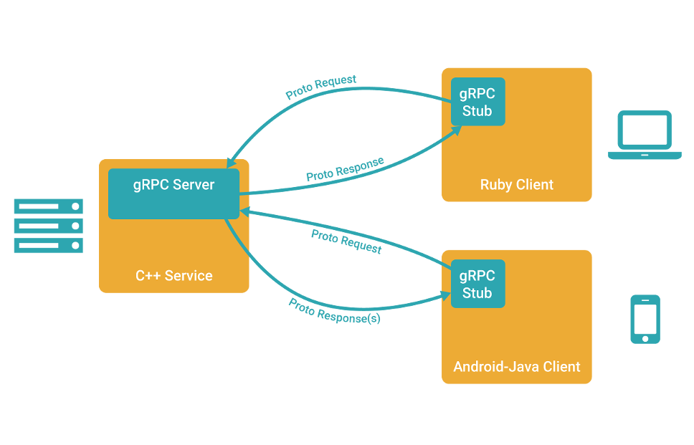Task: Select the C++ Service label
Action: point(174,276)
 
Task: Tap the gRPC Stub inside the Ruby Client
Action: point(477,102)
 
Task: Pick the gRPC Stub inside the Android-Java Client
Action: point(477,284)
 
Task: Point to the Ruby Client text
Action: point(517,185)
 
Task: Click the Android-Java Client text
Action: point(517,367)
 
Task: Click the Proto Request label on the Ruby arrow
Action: point(321,87)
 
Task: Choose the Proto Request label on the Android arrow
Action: point(346,242)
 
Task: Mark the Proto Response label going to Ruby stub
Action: point(344,168)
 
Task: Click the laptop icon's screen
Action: point(645,130)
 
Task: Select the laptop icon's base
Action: point(645,155)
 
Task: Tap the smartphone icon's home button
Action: point(645,338)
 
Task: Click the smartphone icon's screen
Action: point(645,316)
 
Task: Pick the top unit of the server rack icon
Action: point(49,207)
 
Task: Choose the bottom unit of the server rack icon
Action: point(49,246)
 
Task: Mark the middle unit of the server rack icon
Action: point(49,226)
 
